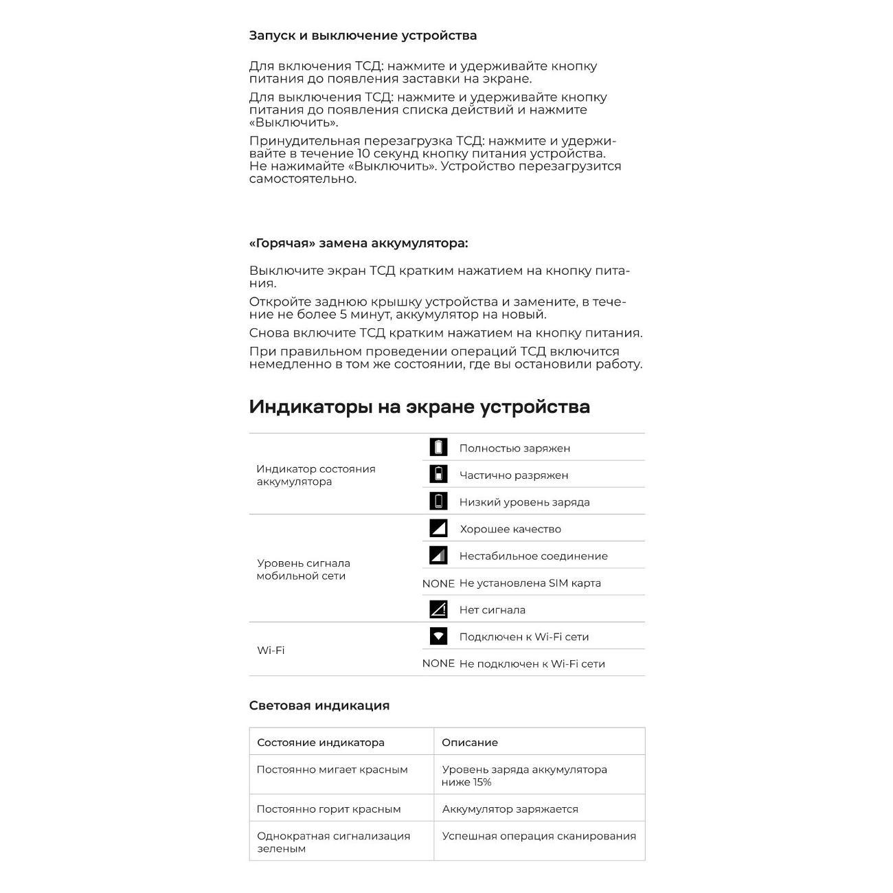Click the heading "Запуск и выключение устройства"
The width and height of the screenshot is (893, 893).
pyautogui.click(x=363, y=36)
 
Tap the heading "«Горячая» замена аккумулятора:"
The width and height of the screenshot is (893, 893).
pyautogui.click(x=358, y=243)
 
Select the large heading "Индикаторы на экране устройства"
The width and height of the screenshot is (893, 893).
pyautogui.click(x=419, y=407)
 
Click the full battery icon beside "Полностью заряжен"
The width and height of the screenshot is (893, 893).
pyautogui.click(x=438, y=447)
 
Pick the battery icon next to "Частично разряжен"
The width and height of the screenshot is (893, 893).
pyautogui.click(x=438, y=474)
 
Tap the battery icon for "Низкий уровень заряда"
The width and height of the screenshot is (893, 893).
pyautogui.click(x=438, y=501)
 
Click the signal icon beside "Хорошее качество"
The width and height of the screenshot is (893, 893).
pyautogui.click(x=438, y=528)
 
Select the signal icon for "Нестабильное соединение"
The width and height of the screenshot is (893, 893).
pyautogui.click(x=438, y=555)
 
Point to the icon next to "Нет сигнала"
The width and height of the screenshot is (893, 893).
pyautogui.click(x=438, y=609)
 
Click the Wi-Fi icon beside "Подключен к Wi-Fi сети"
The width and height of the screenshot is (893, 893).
pyautogui.click(x=438, y=636)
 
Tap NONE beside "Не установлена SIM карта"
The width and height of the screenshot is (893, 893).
pyautogui.click(x=438, y=583)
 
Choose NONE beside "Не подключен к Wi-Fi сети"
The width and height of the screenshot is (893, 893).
pyautogui.click(x=438, y=664)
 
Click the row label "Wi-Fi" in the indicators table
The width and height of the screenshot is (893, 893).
pyautogui.click(x=271, y=651)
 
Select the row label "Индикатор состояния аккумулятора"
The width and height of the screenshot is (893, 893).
pyautogui.click(x=316, y=475)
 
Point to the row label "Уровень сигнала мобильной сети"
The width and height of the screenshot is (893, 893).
pyautogui.click(x=303, y=569)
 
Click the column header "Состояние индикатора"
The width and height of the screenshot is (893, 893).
pyautogui.click(x=320, y=743)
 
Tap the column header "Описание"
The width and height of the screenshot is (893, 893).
pyautogui.click(x=470, y=743)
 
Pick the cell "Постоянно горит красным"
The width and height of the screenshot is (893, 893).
pyautogui.click(x=328, y=809)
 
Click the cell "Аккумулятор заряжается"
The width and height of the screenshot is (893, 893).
pyautogui.click(x=510, y=809)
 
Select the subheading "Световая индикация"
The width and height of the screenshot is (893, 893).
pyautogui.click(x=319, y=705)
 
